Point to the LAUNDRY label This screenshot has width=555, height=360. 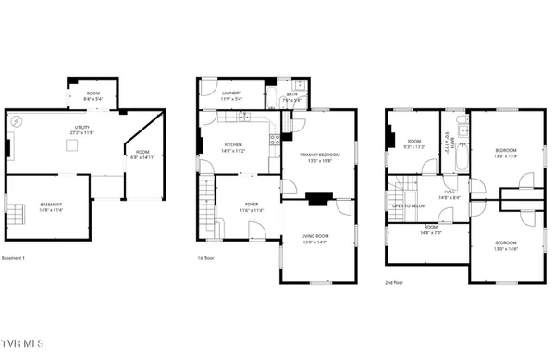coord(231,94)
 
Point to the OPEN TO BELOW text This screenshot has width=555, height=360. coord(408,205)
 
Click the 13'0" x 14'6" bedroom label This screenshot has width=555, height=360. coord(506,244)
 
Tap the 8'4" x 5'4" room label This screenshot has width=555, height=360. coord(93,95)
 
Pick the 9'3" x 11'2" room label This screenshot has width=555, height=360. coord(413,144)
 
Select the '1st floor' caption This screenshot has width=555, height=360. coord(206,258)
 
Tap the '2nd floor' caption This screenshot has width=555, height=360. coord(394,281)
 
